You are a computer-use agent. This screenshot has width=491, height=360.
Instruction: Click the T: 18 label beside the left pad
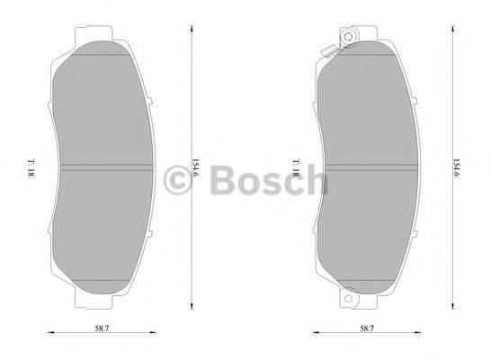coord(31,166)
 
